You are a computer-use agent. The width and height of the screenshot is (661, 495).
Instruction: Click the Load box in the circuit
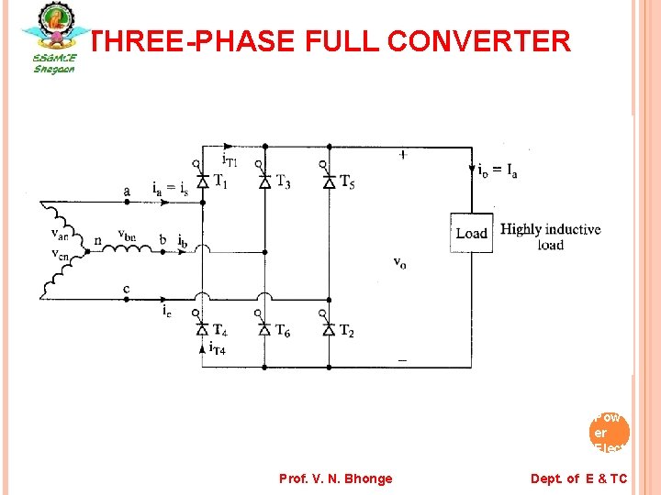pos(471,233)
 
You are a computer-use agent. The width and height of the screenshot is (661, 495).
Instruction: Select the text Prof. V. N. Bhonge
pos(335,478)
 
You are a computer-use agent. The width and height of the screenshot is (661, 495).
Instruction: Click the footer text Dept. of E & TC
pos(578,478)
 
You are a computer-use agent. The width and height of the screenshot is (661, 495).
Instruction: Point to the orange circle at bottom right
pos(611,431)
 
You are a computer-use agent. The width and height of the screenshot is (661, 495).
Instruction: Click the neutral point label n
pos(98,242)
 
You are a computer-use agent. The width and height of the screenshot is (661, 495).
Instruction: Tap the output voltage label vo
pos(400,262)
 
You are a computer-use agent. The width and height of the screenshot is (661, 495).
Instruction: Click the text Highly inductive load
pos(550,236)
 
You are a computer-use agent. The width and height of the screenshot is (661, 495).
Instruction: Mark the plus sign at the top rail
pos(403,155)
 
